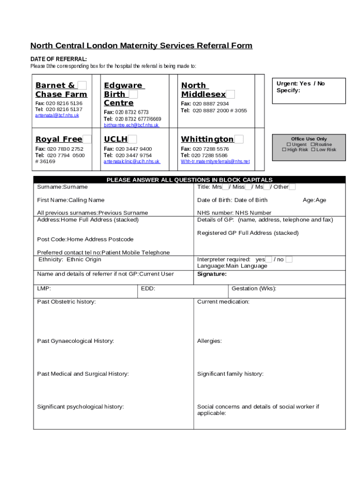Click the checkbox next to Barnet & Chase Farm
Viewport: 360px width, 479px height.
pyautogui.click(x=82, y=85)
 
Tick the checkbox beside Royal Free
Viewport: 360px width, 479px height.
pyautogui.click(x=87, y=139)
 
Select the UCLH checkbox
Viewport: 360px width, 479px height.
pyautogui.click(x=132, y=139)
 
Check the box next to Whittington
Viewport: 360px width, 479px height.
pyautogui.click(x=238, y=139)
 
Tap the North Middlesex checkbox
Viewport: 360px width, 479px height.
pyautogui.click(x=230, y=94)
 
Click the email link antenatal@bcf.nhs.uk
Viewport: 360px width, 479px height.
pyautogui.click(x=57, y=115)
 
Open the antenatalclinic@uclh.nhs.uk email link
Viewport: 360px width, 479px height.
pyautogui.click(x=131, y=161)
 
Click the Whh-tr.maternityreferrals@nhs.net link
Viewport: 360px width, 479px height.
pyautogui.click(x=215, y=161)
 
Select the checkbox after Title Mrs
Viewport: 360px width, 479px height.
pyautogui.click(x=225, y=187)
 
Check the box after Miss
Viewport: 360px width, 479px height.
pyautogui.click(x=248, y=187)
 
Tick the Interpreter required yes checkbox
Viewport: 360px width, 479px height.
pyautogui.click(x=268, y=260)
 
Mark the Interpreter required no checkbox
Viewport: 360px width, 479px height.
pyautogui.click(x=289, y=260)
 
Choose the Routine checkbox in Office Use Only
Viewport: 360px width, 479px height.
pyautogui.click(x=313, y=145)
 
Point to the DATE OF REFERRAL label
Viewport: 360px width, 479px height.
pyautogui.click(x=58, y=59)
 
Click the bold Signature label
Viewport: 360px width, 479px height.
pyautogui.click(x=212, y=274)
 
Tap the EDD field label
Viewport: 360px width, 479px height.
pyautogui.click(x=148, y=289)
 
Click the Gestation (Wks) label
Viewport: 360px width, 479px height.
pyautogui.click(x=254, y=289)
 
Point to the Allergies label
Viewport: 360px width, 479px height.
pyautogui.click(x=209, y=341)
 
